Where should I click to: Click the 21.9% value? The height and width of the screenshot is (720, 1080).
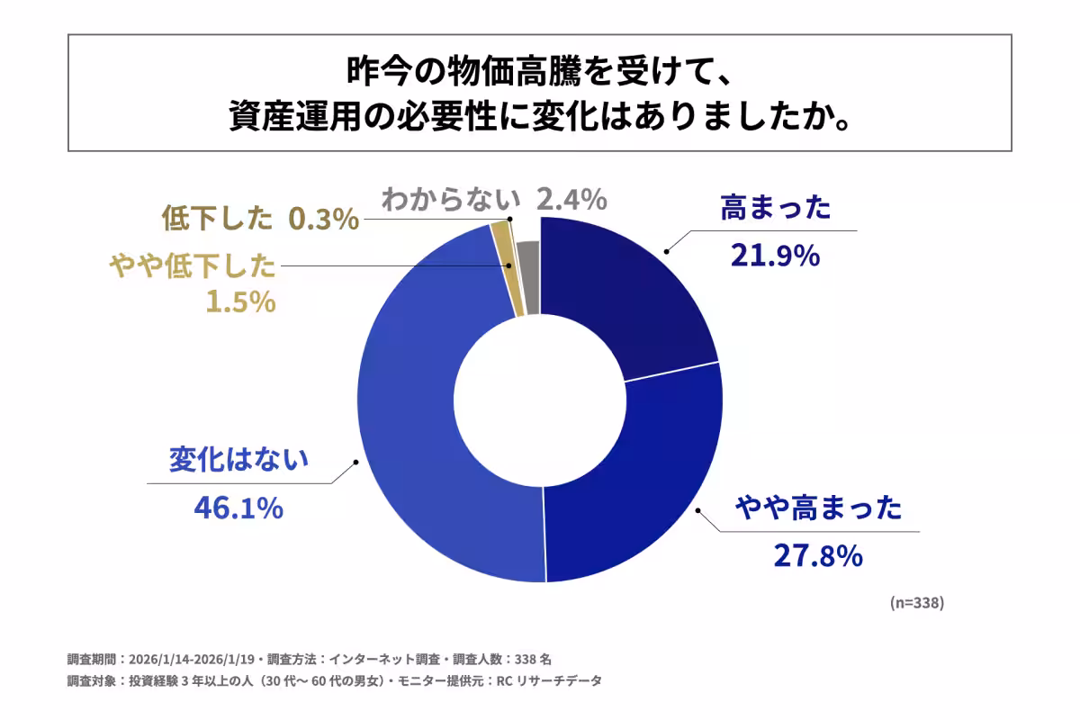point(774,256)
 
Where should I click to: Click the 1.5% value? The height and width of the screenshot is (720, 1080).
point(239,302)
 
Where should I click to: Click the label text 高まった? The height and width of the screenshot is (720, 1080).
point(775,211)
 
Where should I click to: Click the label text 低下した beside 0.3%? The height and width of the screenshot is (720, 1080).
point(216,219)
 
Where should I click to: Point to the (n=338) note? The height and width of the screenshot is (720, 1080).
point(916,602)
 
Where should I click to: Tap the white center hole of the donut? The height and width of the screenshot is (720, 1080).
point(540,400)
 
